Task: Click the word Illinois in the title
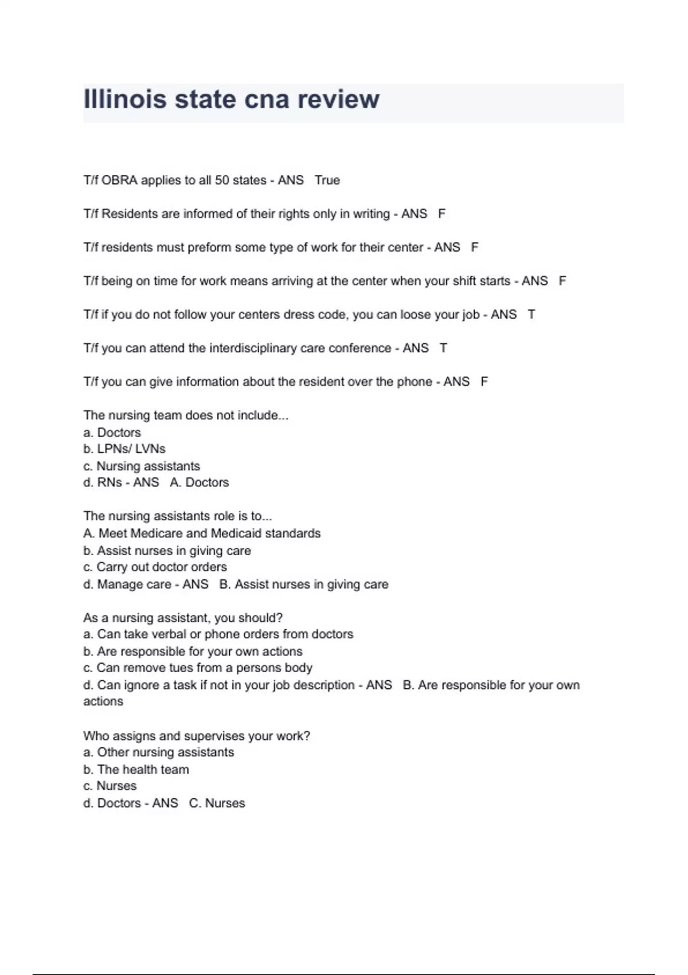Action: pos(125,99)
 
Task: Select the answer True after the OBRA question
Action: pos(327,180)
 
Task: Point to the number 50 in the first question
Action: pos(222,180)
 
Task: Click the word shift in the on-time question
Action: pos(464,281)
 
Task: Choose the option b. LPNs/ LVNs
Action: pos(124,449)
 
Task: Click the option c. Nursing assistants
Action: pos(142,466)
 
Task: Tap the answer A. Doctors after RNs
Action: pos(200,483)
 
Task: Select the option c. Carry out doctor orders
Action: pos(155,567)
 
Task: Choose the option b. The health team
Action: pos(136,770)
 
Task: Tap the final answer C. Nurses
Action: pos(217,803)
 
